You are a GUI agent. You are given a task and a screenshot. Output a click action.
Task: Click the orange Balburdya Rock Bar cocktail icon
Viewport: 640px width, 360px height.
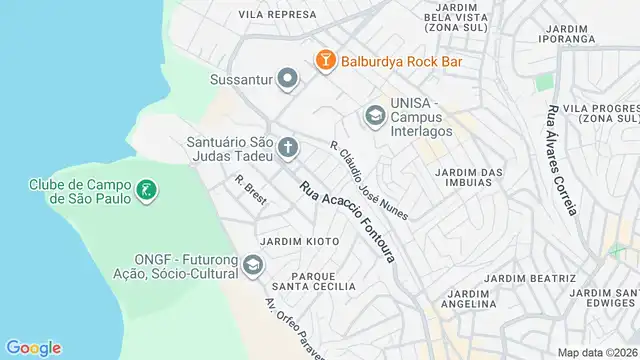pos(325,60)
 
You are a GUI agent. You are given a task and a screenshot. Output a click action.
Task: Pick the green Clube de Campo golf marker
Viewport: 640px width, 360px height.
pos(146,189)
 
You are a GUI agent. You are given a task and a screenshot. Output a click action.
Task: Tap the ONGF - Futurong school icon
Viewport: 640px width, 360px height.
pos(252,265)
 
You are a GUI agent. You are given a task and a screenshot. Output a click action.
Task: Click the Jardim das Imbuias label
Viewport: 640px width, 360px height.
pos(469,178)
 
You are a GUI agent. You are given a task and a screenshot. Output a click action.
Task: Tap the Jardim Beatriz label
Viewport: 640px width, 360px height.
pos(529,277)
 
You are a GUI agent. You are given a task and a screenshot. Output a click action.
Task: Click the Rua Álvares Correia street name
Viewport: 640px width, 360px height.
pos(561,160)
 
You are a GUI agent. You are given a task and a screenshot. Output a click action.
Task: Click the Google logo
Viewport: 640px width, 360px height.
pos(33,348)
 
